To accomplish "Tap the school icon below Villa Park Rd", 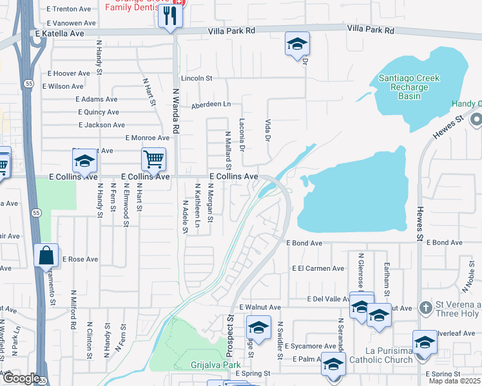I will tap(297, 44).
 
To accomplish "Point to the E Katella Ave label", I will tap(60, 33).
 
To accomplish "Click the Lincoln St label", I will tap(197, 78).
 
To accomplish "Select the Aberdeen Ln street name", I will tap(209, 104).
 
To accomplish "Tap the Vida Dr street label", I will tap(267, 129).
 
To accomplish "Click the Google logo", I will tap(21, 378).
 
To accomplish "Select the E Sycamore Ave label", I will tap(310, 346).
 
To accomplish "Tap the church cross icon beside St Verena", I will tap(425, 308).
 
